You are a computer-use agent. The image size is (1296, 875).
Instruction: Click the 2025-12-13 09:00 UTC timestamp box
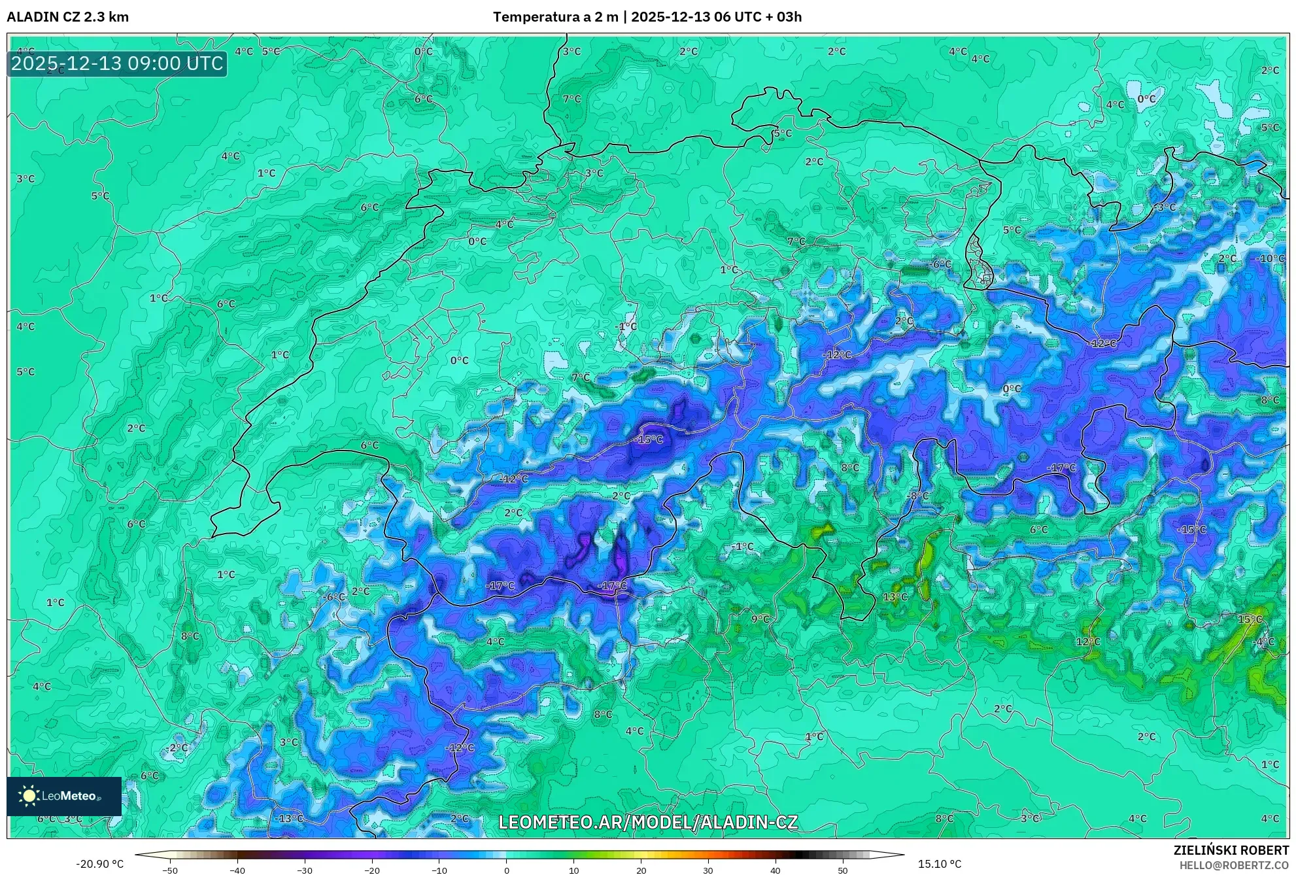(117, 63)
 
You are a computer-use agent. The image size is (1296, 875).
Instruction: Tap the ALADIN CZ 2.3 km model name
(68, 17)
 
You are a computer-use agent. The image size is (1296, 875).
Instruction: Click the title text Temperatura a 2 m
(555, 17)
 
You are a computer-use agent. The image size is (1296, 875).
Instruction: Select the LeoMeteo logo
(64, 796)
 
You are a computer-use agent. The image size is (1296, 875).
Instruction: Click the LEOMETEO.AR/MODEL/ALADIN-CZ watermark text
(648, 822)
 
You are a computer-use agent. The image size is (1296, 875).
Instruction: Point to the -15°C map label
(648, 439)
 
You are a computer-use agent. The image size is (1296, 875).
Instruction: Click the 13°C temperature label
(895, 597)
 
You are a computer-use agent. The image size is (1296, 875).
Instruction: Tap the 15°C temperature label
(1250, 619)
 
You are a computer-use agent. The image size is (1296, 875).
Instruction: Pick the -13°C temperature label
(289, 818)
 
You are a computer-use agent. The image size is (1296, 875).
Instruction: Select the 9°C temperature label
(760, 619)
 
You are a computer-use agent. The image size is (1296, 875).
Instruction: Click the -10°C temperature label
(1270, 258)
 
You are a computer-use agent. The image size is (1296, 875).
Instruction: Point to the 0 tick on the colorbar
(507, 870)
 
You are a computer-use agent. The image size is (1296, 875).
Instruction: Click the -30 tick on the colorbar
(305, 870)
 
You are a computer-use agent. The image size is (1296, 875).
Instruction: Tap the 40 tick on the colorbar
(776, 870)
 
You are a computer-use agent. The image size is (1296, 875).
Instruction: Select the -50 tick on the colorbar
(170, 870)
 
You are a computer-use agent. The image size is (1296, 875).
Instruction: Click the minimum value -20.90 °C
(99, 864)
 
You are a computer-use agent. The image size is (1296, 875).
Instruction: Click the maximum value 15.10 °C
(940, 864)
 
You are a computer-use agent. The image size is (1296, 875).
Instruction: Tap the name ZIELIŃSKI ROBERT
(1231, 850)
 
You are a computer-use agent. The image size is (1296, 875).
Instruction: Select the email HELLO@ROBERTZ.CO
(1234, 865)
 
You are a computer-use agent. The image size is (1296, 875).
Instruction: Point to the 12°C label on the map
(1088, 642)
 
